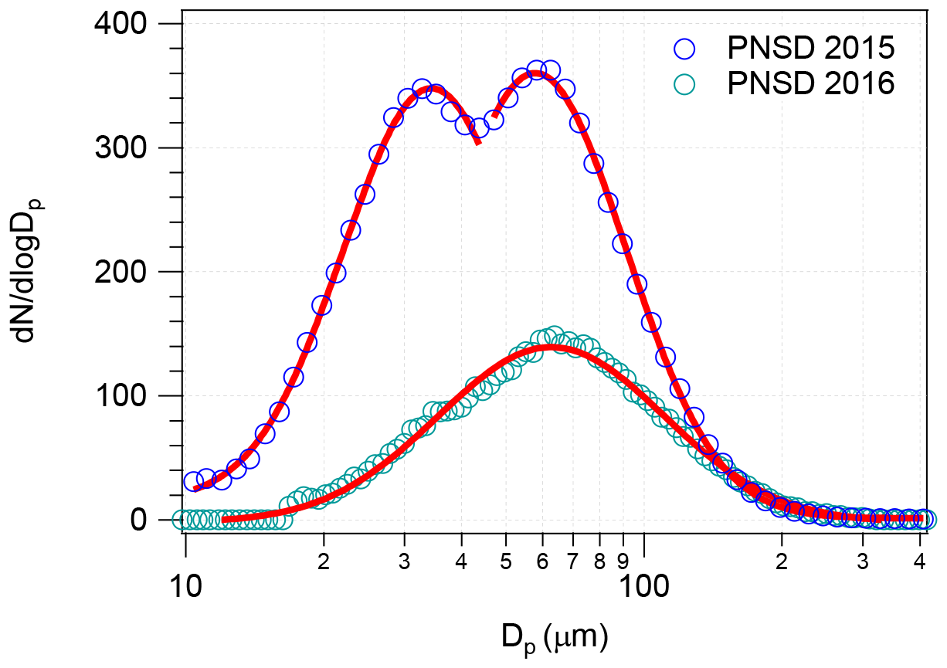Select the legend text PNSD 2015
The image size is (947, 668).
(810, 49)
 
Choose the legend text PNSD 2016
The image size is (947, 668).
(810, 83)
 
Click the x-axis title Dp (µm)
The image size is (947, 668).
(554, 637)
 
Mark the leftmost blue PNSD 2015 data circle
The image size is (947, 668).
(193, 482)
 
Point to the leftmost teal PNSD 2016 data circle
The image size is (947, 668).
(182, 520)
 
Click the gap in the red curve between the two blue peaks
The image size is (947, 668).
(487, 130)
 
